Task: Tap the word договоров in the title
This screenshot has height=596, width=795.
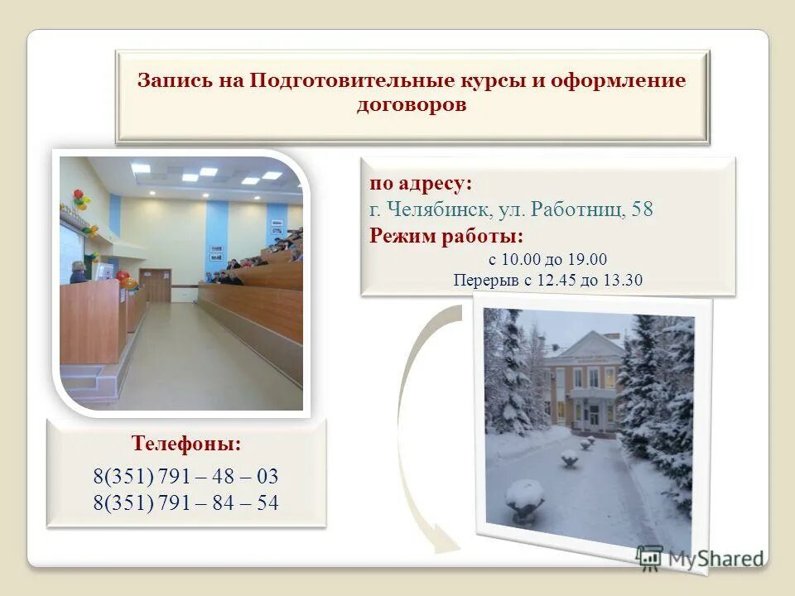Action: (x=412, y=105)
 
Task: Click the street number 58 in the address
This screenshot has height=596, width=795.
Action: (x=642, y=209)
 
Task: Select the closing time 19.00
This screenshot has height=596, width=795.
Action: (x=589, y=259)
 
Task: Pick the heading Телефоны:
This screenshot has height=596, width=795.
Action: (x=186, y=444)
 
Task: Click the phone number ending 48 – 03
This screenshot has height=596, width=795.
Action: (x=185, y=477)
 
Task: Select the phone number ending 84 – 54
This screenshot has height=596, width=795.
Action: (x=185, y=502)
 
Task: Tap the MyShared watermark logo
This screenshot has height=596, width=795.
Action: (x=701, y=557)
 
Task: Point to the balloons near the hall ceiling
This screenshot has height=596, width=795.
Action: (x=80, y=199)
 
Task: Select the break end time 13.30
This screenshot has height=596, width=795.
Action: (x=624, y=280)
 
